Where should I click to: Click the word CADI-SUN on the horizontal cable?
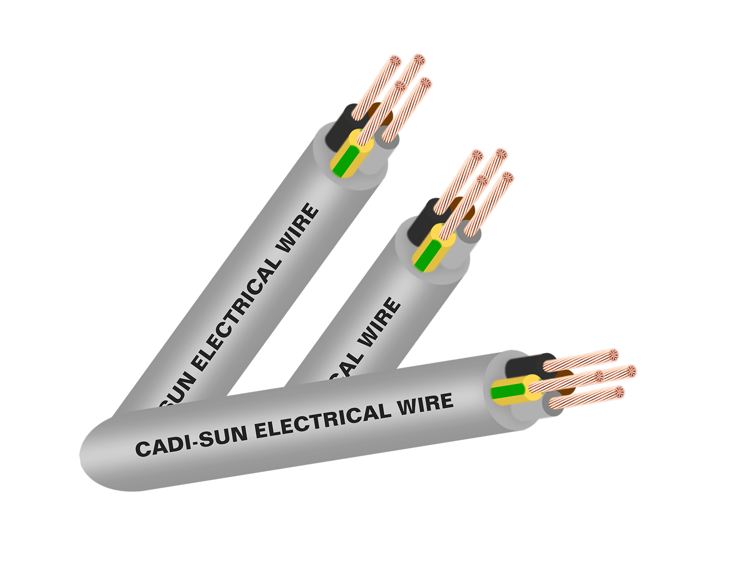click(x=191, y=441)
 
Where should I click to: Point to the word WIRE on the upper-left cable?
click(x=298, y=228)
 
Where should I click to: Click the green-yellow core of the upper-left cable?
click(x=345, y=159)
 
